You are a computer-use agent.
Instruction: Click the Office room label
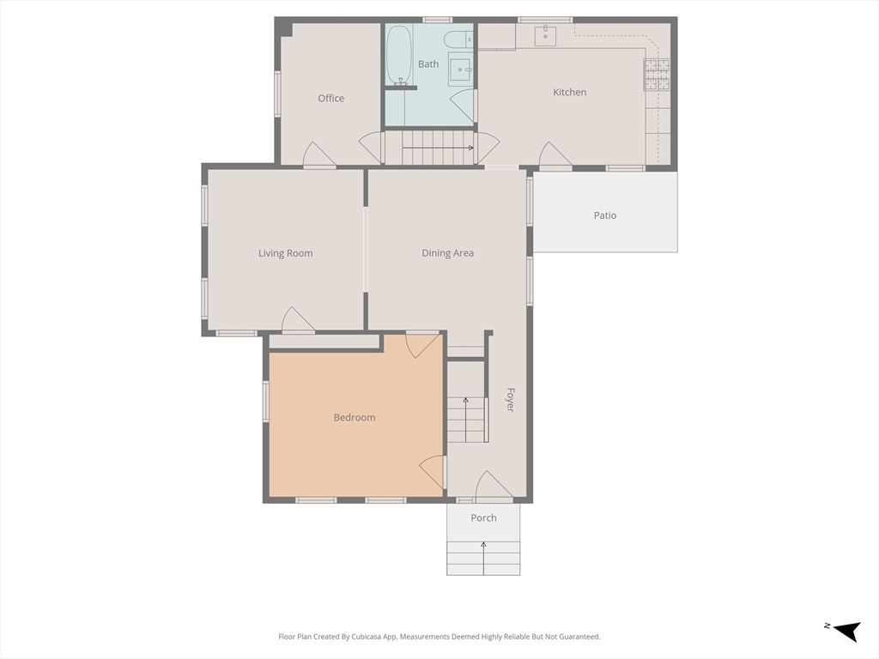pyautogui.click(x=330, y=98)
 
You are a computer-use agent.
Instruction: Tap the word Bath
pyautogui.click(x=428, y=63)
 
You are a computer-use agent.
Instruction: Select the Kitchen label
pyautogui.click(x=570, y=92)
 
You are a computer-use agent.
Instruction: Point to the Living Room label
pyautogui.click(x=285, y=253)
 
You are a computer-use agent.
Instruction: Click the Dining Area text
pyautogui.click(x=447, y=253)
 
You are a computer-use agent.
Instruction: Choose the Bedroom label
pyautogui.click(x=355, y=418)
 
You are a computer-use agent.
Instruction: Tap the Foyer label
pyautogui.click(x=510, y=400)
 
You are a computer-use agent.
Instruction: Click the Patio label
pyautogui.click(x=605, y=215)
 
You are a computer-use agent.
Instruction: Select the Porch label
pyautogui.click(x=483, y=517)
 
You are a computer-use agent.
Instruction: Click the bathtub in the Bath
pyautogui.click(x=400, y=54)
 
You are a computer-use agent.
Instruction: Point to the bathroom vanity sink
pyautogui.click(x=461, y=70)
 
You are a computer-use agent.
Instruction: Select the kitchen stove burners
pyautogui.click(x=657, y=75)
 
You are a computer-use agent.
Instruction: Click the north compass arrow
pyautogui.click(x=847, y=631)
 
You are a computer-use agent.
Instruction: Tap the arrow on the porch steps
pyautogui.click(x=483, y=558)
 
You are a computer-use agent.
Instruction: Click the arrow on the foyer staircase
pyautogui.click(x=465, y=419)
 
